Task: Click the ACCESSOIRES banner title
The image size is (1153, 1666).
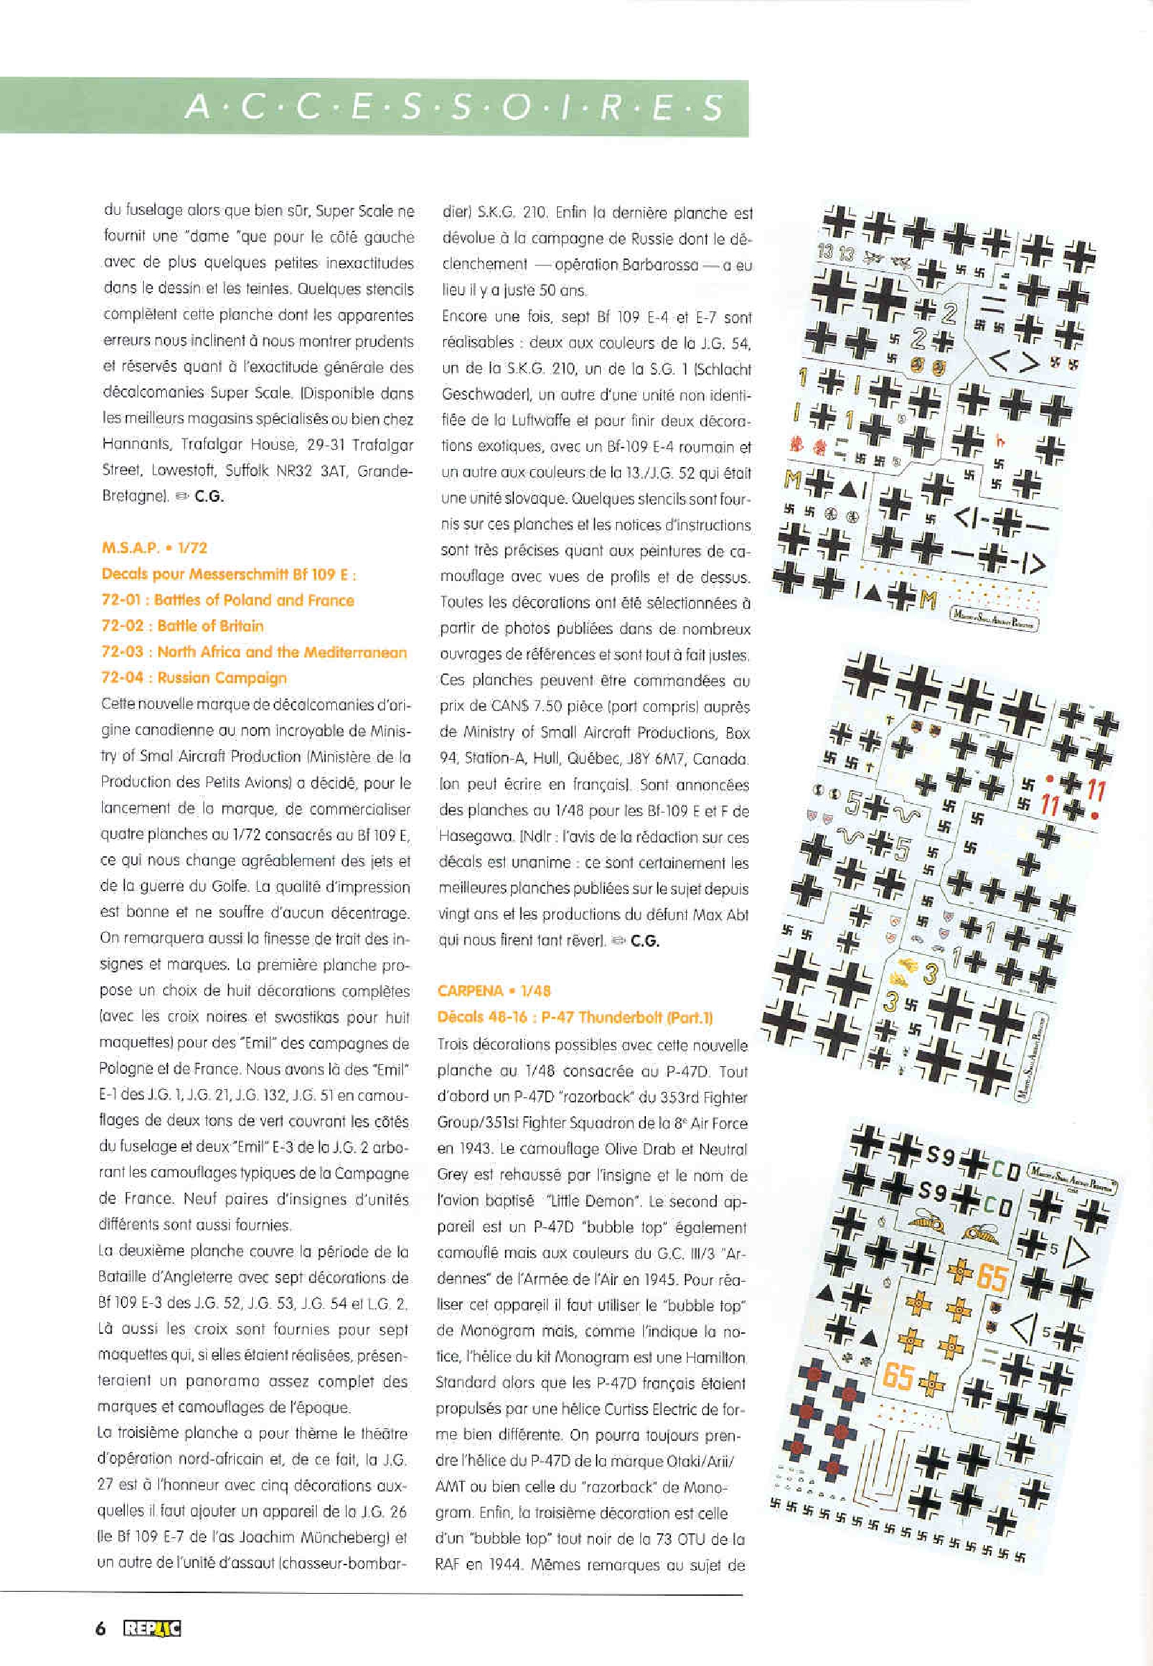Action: point(454,108)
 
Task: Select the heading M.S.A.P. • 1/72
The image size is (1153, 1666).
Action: point(155,548)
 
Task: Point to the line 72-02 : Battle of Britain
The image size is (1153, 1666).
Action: point(182,626)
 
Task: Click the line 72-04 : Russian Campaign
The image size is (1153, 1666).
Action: point(194,678)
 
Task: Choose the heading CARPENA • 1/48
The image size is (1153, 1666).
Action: point(494,991)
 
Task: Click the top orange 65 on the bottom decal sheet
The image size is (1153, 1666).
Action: point(991,1278)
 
